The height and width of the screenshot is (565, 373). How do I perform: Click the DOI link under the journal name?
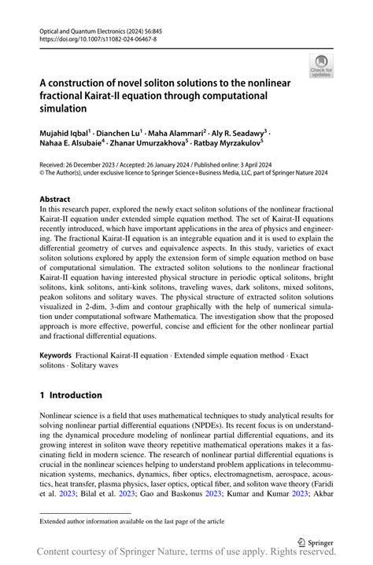tap(89, 37)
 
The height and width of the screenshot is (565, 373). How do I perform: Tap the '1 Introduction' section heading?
tap(72, 394)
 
